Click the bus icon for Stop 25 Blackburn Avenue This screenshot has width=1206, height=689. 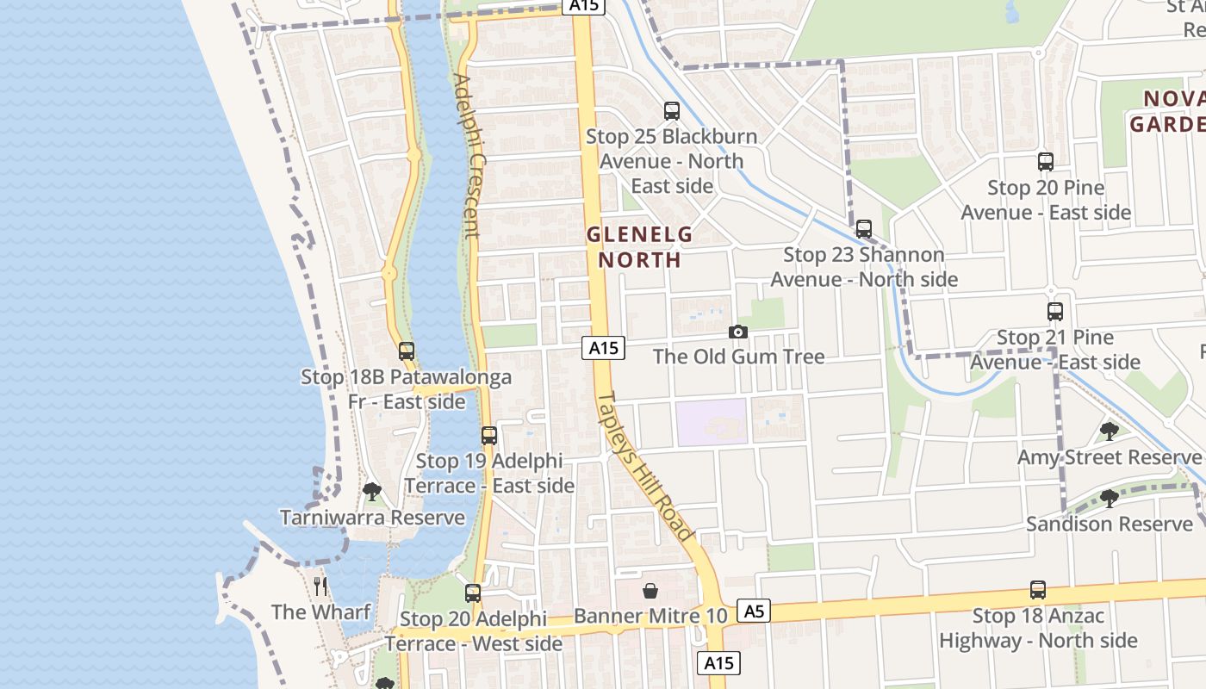click(672, 111)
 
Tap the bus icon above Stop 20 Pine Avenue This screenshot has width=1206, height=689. click(1046, 162)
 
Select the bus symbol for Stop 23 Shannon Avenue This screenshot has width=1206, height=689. click(864, 229)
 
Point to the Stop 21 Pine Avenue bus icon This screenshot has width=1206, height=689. click(1055, 312)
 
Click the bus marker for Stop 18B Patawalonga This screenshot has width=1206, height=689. click(407, 351)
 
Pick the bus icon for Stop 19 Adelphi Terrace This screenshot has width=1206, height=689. click(489, 436)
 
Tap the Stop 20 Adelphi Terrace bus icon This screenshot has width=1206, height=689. click(473, 593)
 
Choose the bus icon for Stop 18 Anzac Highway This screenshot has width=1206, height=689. click(1038, 591)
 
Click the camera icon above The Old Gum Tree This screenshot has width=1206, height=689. click(738, 332)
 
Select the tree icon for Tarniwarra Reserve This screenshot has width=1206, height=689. click(372, 492)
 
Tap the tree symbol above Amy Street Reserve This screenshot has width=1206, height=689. click(1110, 431)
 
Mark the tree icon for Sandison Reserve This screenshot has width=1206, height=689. click(1110, 498)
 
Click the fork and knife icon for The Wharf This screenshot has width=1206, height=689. click(321, 587)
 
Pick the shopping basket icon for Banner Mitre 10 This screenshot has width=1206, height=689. click(650, 591)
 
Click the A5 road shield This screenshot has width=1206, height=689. click(754, 611)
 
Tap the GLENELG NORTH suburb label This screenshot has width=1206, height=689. click(639, 246)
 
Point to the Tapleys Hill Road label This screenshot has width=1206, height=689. click(645, 466)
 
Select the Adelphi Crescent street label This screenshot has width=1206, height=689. click(466, 156)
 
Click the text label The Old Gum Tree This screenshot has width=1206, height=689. click(738, 357)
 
